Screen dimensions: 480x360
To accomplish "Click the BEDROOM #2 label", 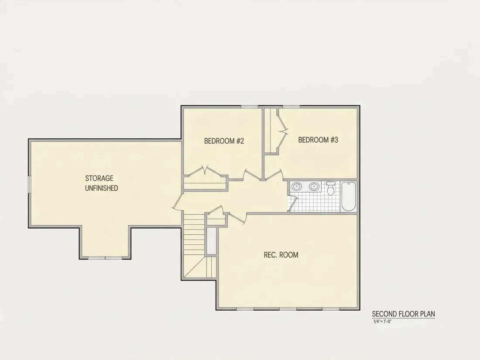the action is tap(224, 141).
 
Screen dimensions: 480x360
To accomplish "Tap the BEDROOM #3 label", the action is tap(318, 140).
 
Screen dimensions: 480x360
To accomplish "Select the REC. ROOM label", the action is tap(281, 255).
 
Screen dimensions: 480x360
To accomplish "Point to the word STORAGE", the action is tap(99, 178).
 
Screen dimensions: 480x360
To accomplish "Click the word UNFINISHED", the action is tap(101, 188).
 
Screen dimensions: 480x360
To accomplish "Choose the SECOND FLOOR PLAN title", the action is tap(404, 314).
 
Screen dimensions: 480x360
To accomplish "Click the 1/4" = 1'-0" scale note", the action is tap(382, 322).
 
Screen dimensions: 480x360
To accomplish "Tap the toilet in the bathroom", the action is tap(331, 188).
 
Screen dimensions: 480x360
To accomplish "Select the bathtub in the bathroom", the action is tap(348, 196).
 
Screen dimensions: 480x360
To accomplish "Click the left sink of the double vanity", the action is tap(296, 186).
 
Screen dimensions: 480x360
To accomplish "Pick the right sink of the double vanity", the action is tap(314, 186).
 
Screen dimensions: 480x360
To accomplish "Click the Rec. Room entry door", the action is tap(237, 218).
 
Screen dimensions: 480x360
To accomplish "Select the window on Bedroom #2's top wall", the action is tap(250, 107).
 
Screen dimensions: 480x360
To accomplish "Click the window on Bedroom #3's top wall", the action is tap(291, 107).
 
